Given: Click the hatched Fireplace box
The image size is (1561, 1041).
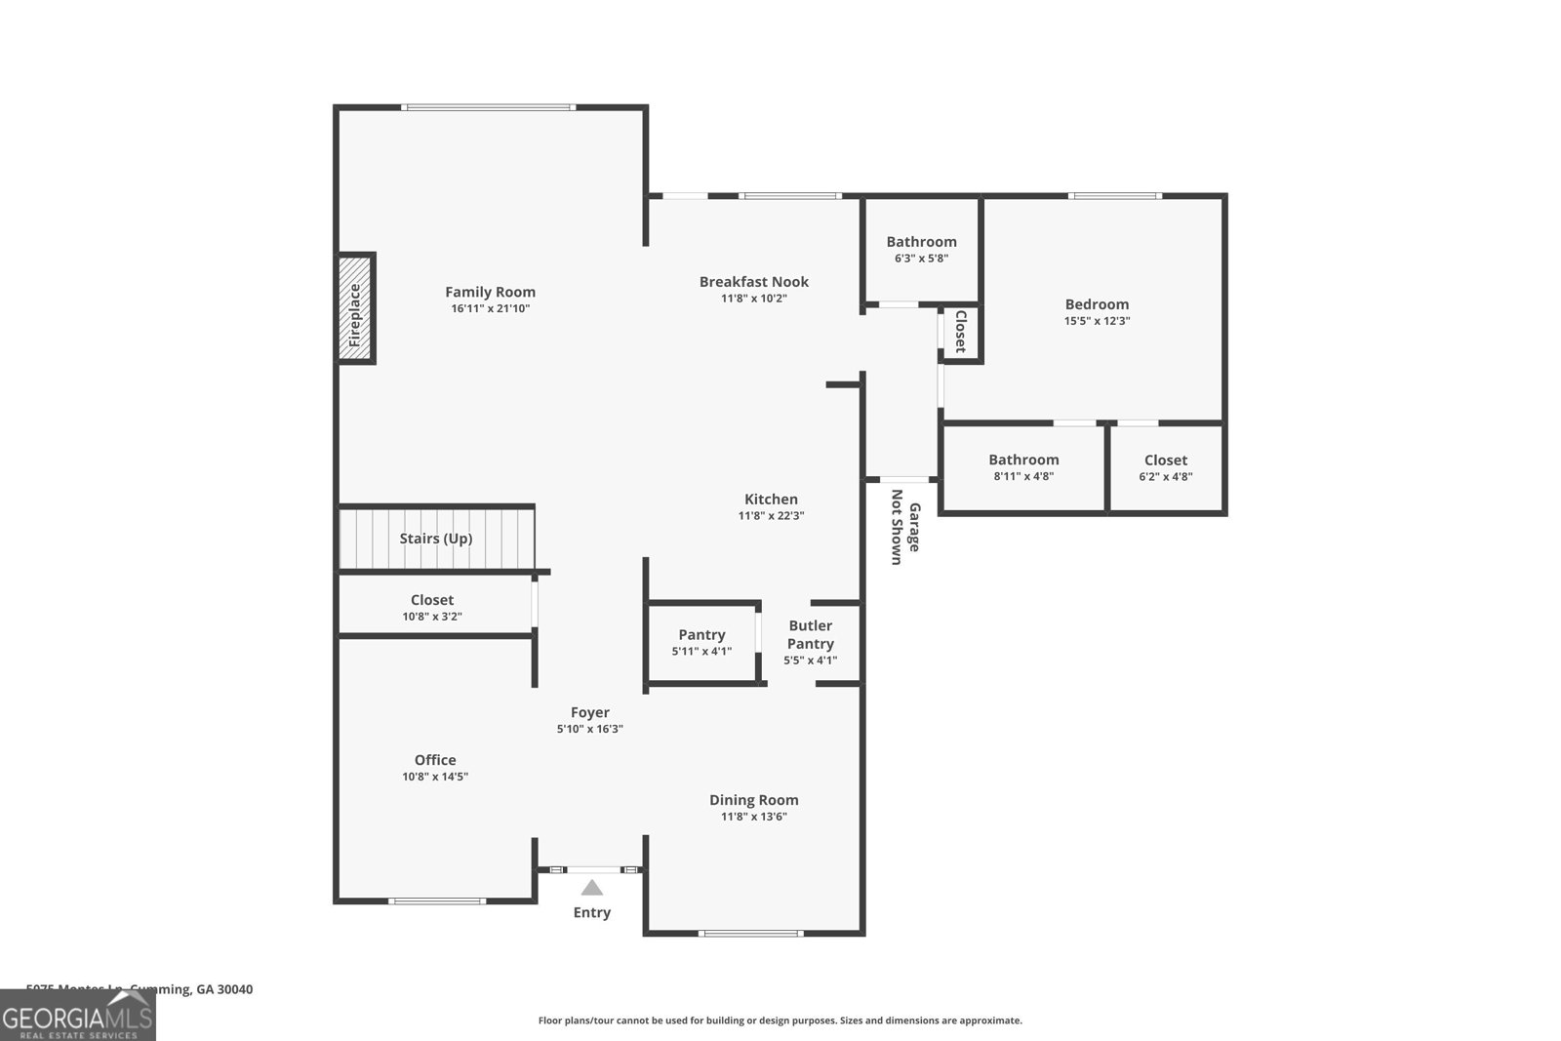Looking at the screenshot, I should pos(356,308).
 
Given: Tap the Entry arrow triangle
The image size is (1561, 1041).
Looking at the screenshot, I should pos(592,888).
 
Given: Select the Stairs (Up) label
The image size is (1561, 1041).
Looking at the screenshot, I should pos(435,539).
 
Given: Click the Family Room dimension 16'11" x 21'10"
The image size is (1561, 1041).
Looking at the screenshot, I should pos(490,308).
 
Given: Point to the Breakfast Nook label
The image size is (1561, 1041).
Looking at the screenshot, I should pos(753,282).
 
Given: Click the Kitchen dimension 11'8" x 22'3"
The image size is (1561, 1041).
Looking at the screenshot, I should pos(771,516).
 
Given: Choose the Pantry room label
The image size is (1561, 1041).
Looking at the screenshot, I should pos(701,635).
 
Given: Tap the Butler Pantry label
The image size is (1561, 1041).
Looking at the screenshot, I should pos(810,634).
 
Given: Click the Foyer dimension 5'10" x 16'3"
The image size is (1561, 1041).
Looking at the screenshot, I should pos(589,729).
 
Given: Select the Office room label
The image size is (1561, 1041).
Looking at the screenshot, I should pos(435,760).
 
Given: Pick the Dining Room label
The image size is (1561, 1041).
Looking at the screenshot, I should pos(753,800).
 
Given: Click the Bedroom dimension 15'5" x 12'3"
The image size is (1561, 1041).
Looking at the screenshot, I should pos(1097,321).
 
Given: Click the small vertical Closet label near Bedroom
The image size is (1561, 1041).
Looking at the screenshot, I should pos(960,332).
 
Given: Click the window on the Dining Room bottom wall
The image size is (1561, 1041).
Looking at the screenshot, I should pos(751,934).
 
